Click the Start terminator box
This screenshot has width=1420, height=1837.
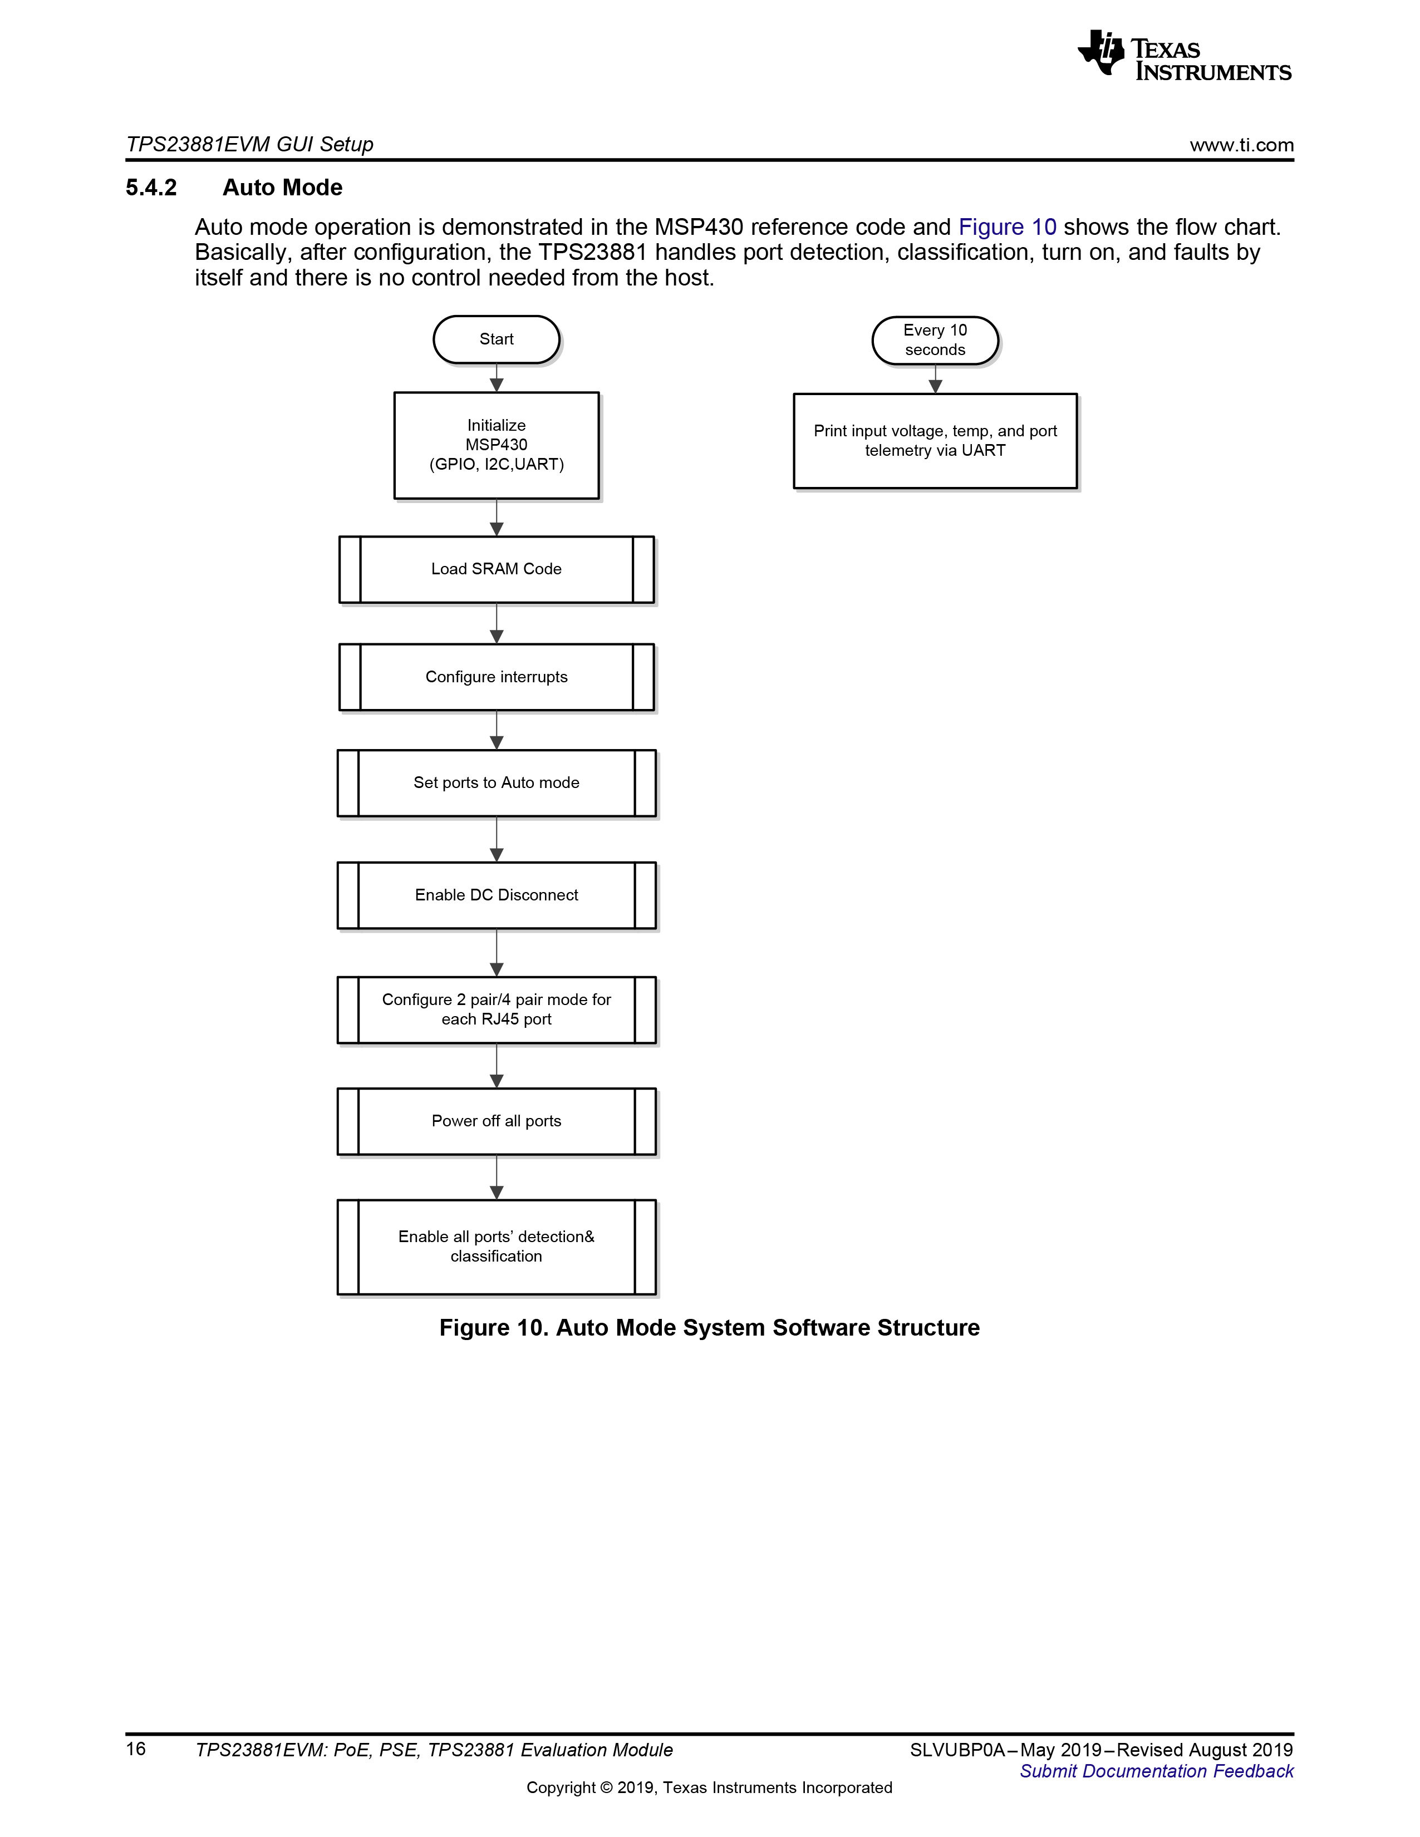coord(497,339)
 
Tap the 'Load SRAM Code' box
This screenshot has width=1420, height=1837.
coord(497,569)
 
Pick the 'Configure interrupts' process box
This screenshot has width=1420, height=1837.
coord(497,677)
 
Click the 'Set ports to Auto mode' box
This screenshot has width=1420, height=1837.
coord(497,783)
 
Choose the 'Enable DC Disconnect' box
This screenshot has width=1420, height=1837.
coord(497,895)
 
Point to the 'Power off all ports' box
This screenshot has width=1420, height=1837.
coord(497,1121)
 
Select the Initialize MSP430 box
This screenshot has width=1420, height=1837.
coord(497,445)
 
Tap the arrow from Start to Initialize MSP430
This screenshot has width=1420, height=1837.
coord(497,378)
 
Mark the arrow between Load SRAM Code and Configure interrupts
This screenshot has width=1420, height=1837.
coord(497,623)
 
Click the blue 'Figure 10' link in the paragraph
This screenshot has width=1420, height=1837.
coord(1007,227)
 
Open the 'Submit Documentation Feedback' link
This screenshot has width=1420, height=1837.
coord(1157,1771)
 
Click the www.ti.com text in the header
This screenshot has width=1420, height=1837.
coord(1242,145)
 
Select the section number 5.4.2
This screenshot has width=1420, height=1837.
coord(151,188)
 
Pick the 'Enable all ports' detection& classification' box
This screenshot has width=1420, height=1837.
coord(497,1247)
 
